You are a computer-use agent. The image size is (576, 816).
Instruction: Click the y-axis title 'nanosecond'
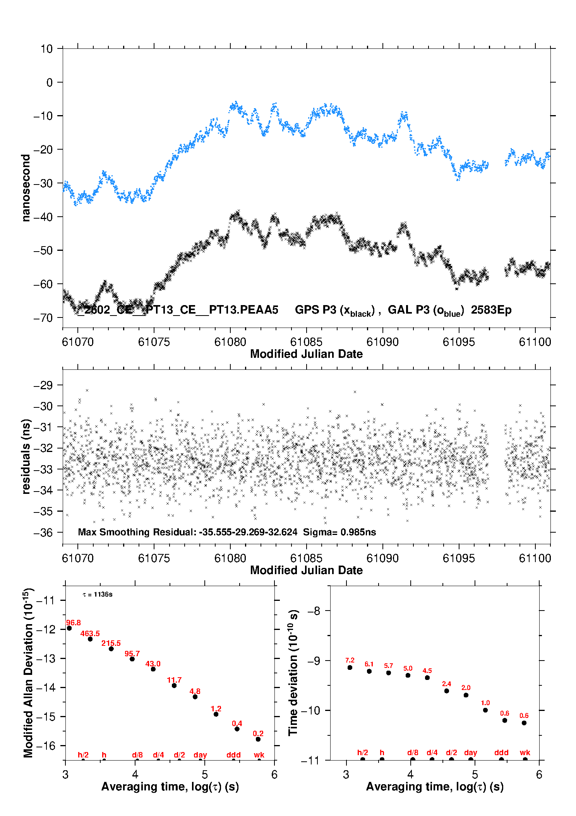[26, 188]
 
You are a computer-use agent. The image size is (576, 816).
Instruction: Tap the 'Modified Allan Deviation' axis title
[28, 673]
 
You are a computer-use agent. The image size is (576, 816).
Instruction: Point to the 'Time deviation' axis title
[293, 673]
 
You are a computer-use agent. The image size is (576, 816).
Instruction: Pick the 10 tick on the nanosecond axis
[46, 49]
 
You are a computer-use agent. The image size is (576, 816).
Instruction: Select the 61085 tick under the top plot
[306, 342]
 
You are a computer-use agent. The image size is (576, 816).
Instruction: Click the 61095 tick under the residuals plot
[458, 558]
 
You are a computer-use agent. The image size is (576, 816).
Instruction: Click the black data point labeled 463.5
[90, 639]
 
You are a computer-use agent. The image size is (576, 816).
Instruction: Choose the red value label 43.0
[153, 664]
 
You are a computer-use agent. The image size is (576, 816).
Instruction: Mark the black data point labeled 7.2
[350, 668]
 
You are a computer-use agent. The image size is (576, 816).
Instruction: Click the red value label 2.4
[446, 684]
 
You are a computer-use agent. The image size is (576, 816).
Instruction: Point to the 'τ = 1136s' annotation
[98, 595]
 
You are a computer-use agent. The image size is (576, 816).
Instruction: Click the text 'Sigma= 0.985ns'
[339, 532]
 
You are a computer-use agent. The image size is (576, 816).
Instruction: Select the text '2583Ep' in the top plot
[491, 310]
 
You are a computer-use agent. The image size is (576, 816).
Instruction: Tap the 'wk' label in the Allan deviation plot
[259, 755]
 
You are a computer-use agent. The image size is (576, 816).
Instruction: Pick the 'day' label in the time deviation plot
[470, 752]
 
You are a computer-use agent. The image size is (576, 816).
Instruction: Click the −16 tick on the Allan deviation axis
[45, 745]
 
